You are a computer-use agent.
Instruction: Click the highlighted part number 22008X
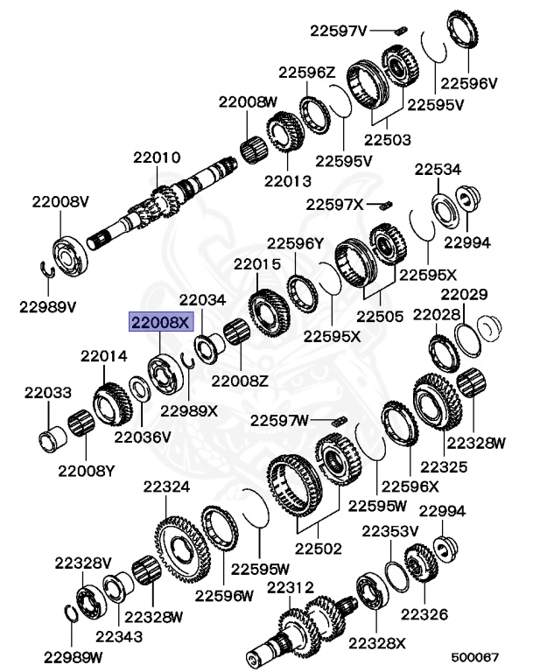[160, 322]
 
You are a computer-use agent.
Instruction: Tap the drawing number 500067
[475, 655]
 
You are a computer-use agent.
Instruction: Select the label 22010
[157, 158]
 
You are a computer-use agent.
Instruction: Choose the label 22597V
[338, 31]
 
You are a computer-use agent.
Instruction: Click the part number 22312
[290, 587]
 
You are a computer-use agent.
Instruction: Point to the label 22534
[438, 169]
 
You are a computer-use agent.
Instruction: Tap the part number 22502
[317, 549]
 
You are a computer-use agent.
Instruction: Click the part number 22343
[119, 636]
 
